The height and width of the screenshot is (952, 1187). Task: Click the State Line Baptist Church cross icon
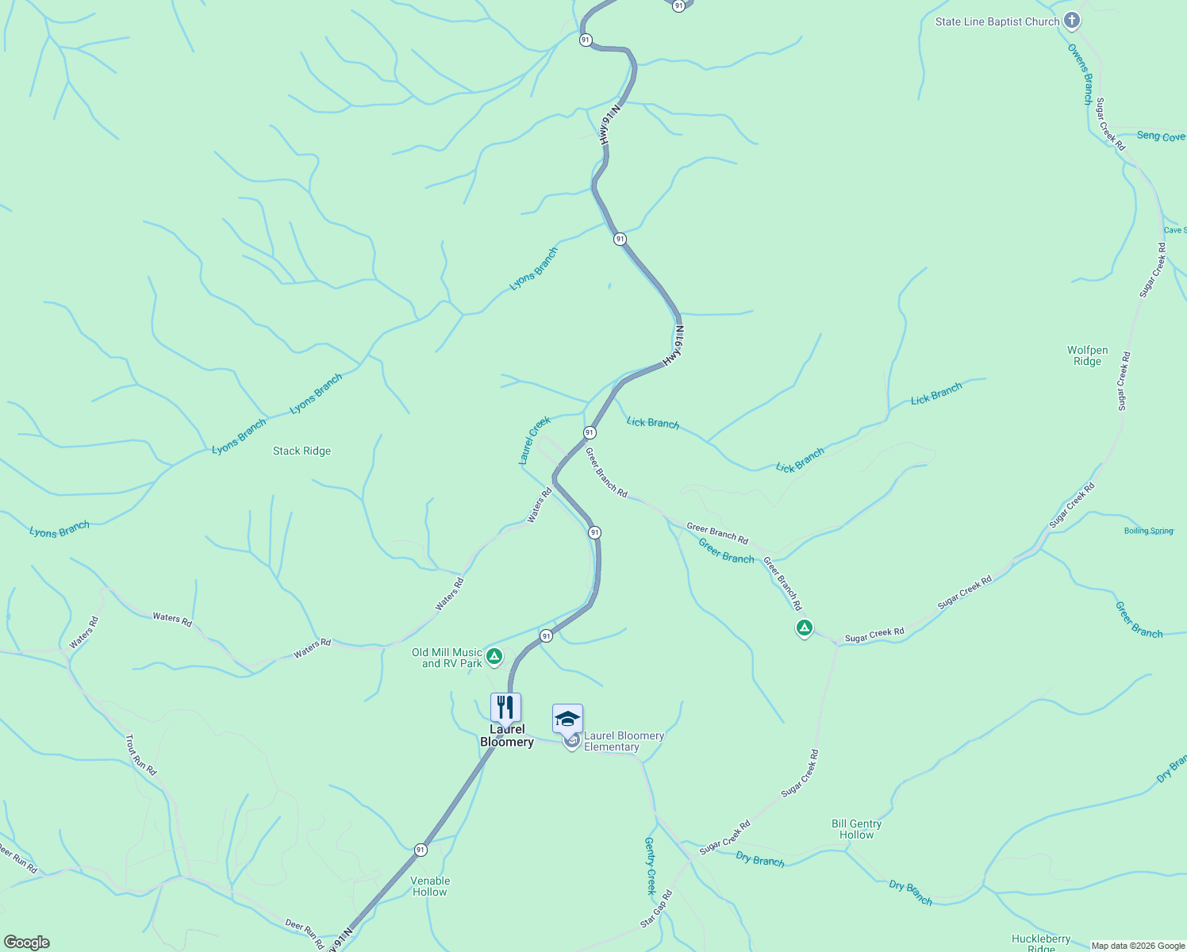[1072, 21]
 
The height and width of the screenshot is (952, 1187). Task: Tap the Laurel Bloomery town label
[507, 735]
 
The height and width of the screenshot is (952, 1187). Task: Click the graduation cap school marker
[567, 719]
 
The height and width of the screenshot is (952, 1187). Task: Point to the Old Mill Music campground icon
[494, 656]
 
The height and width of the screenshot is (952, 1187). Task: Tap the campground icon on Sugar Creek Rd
[804, 628]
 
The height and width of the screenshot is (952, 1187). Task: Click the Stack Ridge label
[302, 451]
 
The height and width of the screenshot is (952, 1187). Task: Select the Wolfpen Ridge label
[1087, 355]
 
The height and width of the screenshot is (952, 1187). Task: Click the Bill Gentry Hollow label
[856, 829]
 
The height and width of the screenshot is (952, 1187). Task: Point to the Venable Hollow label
[430, 886]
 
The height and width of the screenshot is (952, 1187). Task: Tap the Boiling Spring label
[1148, 531]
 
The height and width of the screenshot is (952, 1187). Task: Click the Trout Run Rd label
[140, 754]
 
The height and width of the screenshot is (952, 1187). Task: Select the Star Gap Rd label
[656, 909]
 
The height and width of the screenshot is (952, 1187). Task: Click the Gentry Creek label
[650, 866]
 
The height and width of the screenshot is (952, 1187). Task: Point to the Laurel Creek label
[534, 440]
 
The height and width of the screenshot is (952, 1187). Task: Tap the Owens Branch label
[1080, 74]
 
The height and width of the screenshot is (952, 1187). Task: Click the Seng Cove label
[1160, 136]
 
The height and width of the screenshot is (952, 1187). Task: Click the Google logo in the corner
[27, 942]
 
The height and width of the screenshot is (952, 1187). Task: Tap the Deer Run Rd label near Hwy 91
[304, 935]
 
